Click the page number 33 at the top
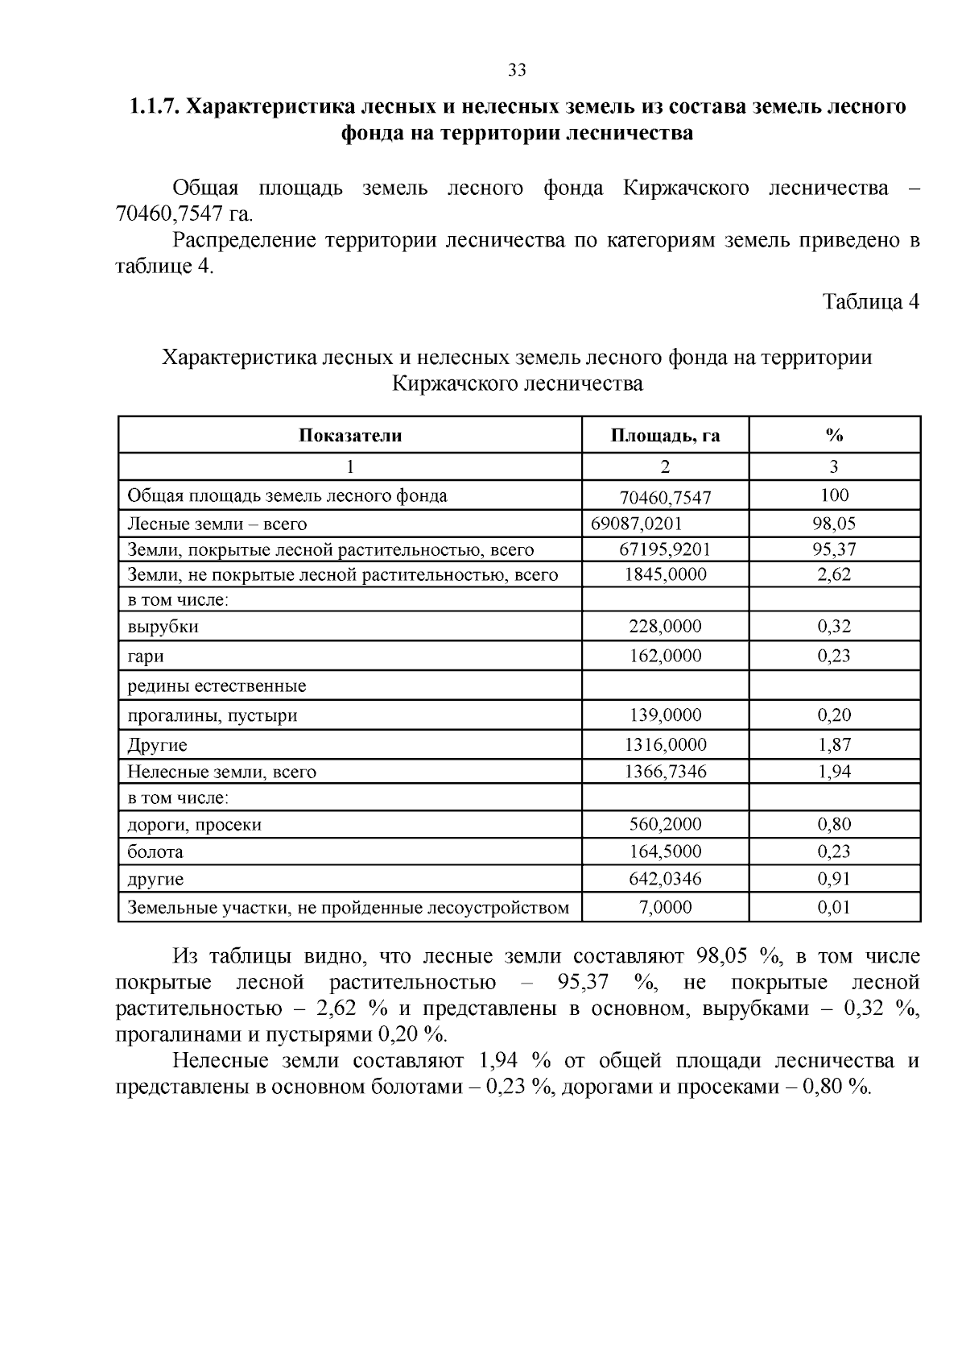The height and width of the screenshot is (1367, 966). (x=517, y=71)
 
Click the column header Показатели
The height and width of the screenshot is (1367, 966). (x=350, y=436)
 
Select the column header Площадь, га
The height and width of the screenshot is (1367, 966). (x=665, y=436)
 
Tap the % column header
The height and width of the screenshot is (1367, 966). (x=834, y=436)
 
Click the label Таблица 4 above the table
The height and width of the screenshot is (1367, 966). (x=870, y=302)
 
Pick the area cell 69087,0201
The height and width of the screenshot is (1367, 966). (x=637, y=524)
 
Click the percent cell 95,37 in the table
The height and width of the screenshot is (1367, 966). (x=834, y=549)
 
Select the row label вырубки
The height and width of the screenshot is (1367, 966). (x=163, y=626)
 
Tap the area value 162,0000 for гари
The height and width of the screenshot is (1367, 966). (x=665, y=656)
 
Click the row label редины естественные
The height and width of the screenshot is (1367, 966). (x=217, y=686)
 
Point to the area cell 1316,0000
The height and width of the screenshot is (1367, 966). (x=665, y=745)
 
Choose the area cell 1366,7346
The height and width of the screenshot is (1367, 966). (x=665, y=772)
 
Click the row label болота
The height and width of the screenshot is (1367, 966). (x=155, y=851)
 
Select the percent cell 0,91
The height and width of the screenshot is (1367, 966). (x=834, y=879)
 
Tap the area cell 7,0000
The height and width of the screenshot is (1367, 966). (x=665, y=908)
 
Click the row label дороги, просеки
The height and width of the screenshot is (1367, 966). (x=195, y=824)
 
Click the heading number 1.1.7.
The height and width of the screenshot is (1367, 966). (x=155, y=106)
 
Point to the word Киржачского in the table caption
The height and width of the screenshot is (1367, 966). (x=455, y=383)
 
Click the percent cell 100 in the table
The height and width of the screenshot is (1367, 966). (x=834, y=495)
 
